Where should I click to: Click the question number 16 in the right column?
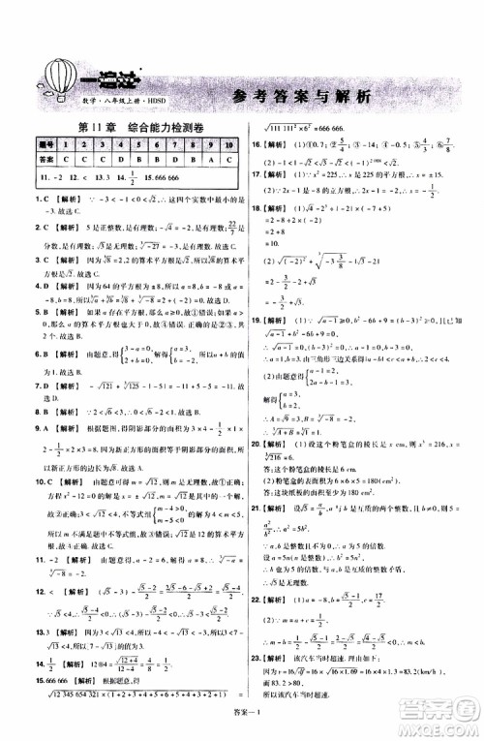point(257,147)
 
